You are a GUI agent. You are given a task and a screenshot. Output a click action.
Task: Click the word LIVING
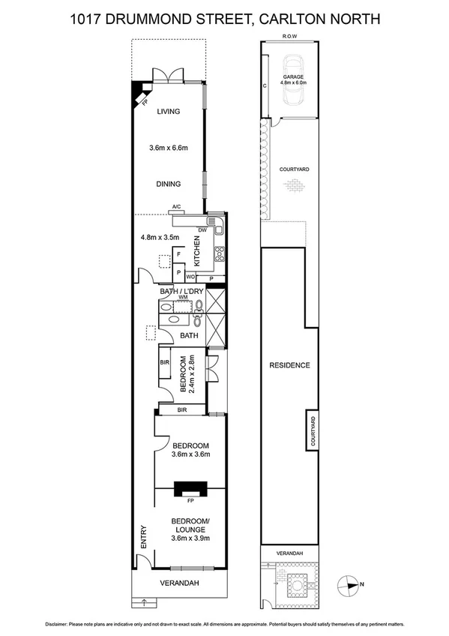coord(168,112)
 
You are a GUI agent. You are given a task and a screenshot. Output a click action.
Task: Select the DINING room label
coord(168,183)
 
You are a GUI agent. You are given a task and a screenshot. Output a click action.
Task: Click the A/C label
coord(177,206)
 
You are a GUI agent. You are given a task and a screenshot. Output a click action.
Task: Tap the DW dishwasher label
coord(202,231)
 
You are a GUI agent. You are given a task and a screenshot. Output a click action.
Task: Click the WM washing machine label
coord(182,297)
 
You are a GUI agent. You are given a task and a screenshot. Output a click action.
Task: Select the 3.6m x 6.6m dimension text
coord(168,148)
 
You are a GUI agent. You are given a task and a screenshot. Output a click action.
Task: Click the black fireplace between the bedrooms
coord(190,489)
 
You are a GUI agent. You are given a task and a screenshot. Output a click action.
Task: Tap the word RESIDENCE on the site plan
coord(289,365)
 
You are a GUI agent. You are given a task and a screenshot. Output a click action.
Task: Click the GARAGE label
coord(293,77)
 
